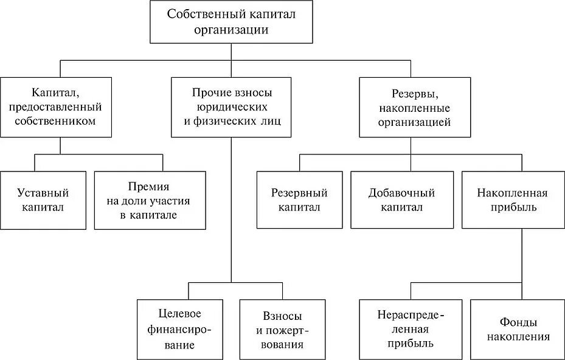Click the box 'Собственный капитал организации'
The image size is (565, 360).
tap(231, 22)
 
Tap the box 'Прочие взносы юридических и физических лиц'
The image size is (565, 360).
tap(232, 107)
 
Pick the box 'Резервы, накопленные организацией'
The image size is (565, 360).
tap(414, 107)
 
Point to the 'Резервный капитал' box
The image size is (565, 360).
tap(299, 199)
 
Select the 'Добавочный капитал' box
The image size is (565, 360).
tap(401, 199)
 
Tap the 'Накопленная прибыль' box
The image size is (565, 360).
tap(512, 199)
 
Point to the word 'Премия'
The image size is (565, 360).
tap(148, 186)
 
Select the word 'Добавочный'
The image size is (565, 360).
tap(401, 193)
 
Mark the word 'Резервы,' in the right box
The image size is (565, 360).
tap(414, 94)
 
